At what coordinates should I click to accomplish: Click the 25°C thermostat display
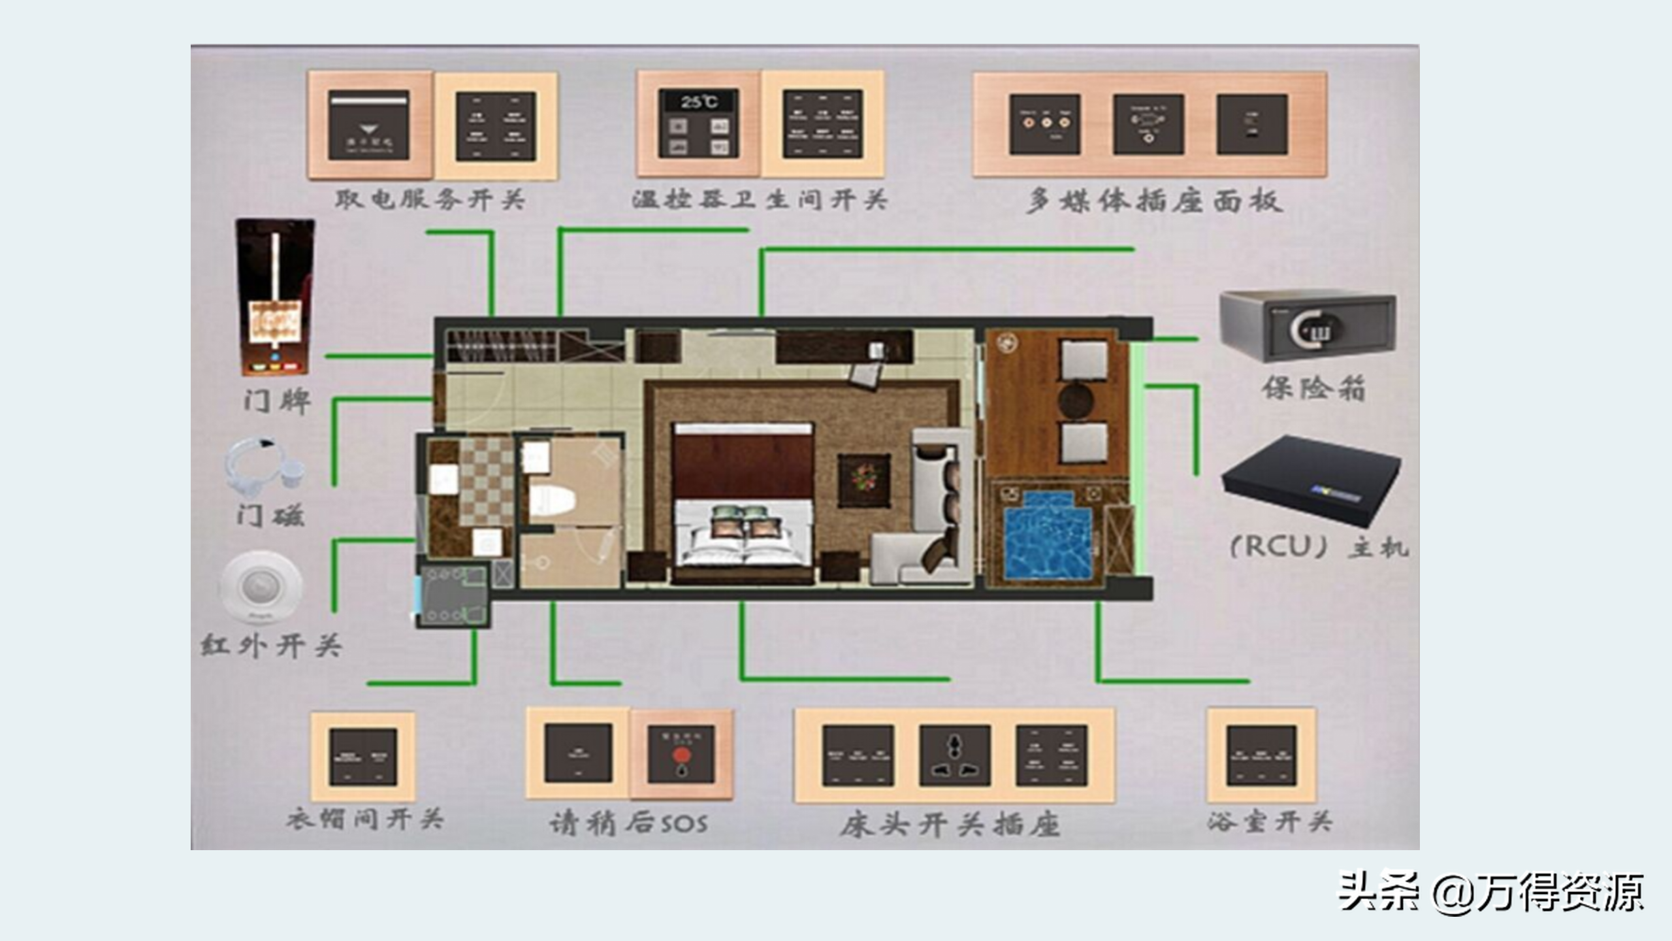pyautogui.click(x=699, y=102)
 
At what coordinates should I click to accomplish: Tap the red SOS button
pyautogui.click(x=681, y=756)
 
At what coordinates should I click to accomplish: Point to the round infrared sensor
pyautogui.click(x=261, y=585)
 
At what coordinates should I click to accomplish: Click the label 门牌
pyautogui.click(x=277, y=401)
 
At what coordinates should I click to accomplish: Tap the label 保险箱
pyautogui.click(x=1313, y=388)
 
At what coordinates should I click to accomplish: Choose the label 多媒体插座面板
pyautogui.click(x=1154, y=201)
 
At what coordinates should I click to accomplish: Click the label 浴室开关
pyautogui.click(x=1269, y=821)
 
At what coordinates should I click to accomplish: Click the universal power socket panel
pyautogui.click(x=955, y=755)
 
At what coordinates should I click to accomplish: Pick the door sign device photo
pyautogui.click(x=275, y=297)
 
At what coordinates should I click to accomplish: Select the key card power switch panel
pyautogui.click(x=369, y=125)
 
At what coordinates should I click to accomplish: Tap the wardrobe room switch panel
pyautogui.click(x=363, y=756)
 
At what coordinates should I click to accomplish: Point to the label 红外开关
pyautogui.click(x=272, y=646)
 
